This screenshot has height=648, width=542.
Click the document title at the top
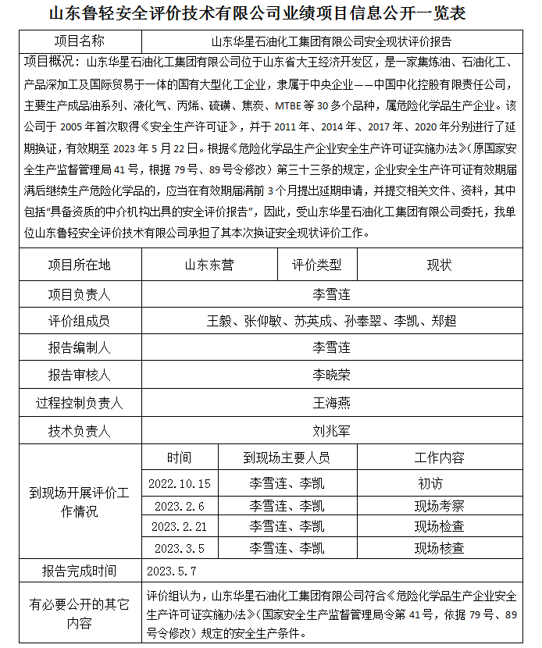271,14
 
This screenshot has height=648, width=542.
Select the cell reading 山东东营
209,265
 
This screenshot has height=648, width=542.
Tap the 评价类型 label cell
317,265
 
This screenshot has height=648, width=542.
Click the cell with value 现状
439,265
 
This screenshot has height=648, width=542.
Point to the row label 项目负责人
79,294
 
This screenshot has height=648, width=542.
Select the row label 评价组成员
79,321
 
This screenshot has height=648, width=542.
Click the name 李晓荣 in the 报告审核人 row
331,375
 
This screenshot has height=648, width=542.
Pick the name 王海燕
331,403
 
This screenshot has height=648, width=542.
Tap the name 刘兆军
331,429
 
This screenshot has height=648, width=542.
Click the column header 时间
179,458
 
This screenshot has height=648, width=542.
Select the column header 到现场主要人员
286,458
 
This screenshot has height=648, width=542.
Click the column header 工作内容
439,458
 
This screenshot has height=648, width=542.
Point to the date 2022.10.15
179,483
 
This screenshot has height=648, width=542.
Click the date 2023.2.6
179,506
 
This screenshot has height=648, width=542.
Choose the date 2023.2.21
179,526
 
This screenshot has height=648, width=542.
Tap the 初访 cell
430,483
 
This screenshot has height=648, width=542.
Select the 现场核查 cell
439,548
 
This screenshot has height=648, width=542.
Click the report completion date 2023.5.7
171,571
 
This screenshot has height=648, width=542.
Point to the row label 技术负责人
79,430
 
